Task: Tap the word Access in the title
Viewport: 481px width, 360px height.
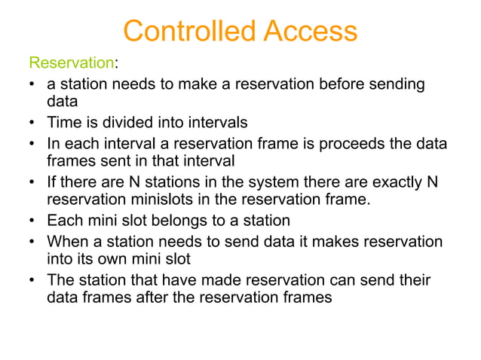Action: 309,31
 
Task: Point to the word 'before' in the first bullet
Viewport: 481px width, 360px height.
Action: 328,84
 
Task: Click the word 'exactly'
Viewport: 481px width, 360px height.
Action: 396,182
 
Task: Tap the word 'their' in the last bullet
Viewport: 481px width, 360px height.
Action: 414,280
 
